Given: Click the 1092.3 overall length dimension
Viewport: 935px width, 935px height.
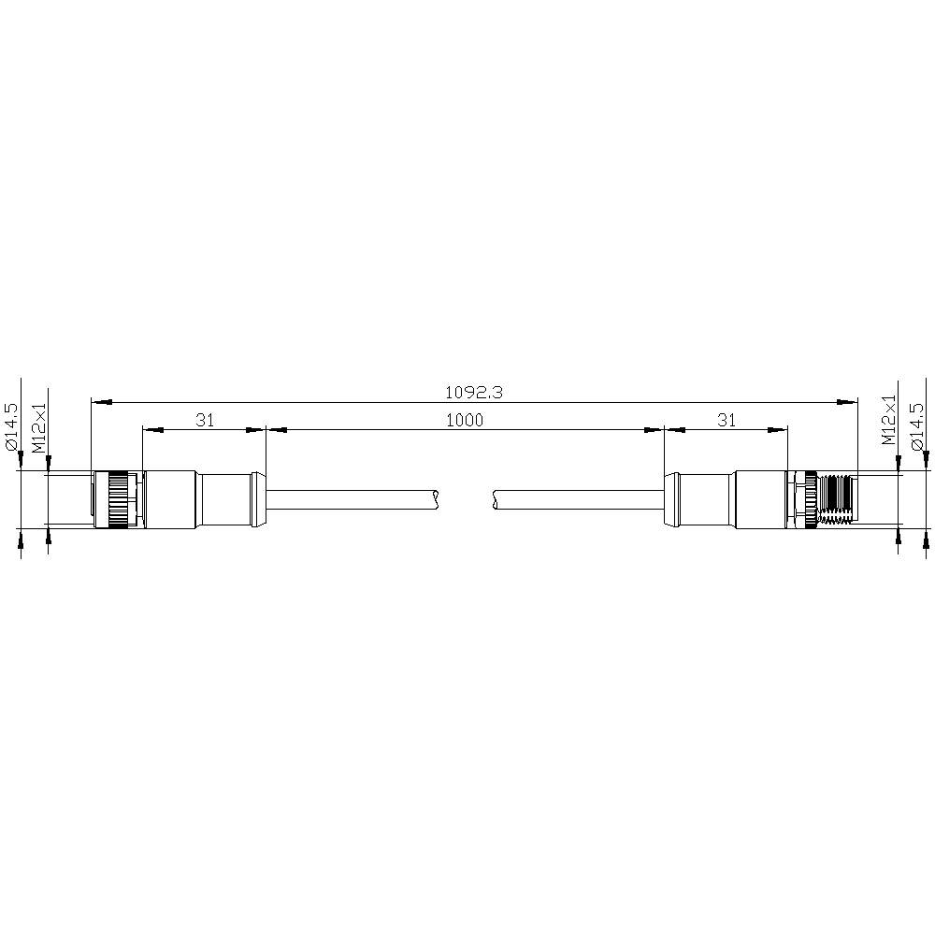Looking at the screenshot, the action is pos(474,393).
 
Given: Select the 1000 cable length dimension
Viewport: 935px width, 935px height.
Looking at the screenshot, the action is pos(465,421).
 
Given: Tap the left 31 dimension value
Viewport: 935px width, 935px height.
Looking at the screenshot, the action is pos(205,421).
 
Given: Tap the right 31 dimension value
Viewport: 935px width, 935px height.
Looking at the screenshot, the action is pos(726,421).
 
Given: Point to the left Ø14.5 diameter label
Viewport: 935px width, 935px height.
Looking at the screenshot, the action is pos(11,426).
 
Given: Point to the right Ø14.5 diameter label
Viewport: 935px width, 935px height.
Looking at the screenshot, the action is pos(917,426).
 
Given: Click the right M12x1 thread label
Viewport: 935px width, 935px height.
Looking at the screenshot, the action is pos(889,421).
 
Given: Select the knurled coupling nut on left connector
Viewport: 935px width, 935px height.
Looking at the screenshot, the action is pos(118,499).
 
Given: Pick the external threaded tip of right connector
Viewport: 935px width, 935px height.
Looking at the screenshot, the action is pos(837,499).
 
